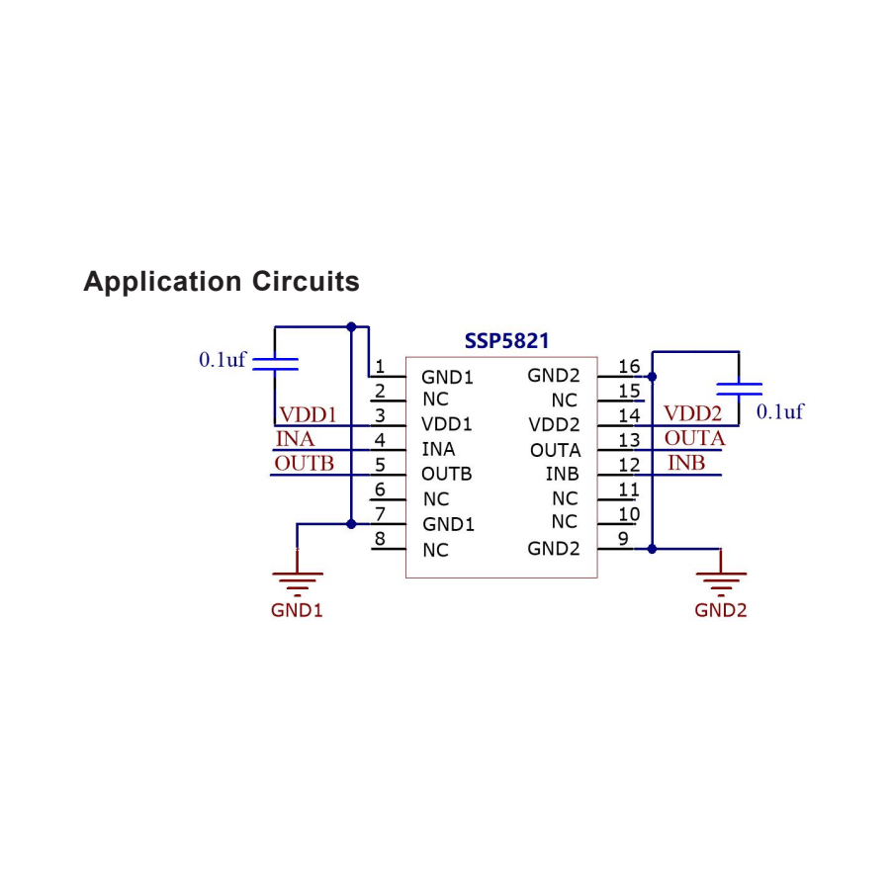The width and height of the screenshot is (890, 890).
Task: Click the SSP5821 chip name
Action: pos(506,341)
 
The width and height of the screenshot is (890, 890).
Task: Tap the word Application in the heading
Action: pos(163,282)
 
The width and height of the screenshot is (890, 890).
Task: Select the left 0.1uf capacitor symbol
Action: pos(275,364)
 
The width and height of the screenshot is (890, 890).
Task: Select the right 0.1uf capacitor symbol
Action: pos(739,389)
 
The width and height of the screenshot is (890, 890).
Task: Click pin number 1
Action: pos(380,366)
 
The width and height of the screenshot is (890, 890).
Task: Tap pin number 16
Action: pos(629,366)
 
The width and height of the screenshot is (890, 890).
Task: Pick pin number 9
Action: pos(623,539)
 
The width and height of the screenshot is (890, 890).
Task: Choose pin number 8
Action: pos(380,539)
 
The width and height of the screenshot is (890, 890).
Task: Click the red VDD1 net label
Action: pos(308,415)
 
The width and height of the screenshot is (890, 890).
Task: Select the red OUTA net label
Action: pos(695,438)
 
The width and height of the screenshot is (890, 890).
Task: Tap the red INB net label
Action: pos(686,463)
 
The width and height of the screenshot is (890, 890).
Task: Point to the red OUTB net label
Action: pos(305,463)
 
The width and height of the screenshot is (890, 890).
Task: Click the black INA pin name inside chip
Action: pos(438,449)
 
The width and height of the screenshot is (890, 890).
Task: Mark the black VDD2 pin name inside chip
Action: pos(554,424)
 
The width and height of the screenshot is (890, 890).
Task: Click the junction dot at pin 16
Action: pos(653,377)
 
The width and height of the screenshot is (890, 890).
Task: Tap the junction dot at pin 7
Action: pos(351,524)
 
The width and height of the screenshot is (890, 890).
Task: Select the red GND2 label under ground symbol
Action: pos(720,610)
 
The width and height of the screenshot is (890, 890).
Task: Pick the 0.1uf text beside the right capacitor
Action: pos(780,411)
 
